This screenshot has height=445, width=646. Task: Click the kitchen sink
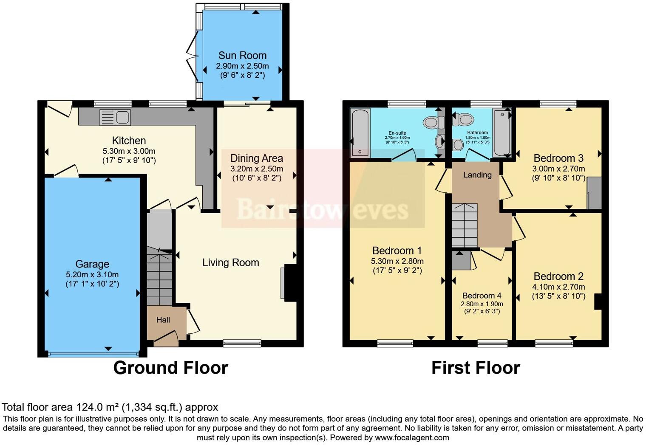point(115,117)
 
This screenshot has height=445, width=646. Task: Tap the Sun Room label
point(242,56)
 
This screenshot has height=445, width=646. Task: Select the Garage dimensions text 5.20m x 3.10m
point(92,274)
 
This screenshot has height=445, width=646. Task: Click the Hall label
point(163,320)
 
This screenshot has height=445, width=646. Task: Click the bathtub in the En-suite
point(360,132)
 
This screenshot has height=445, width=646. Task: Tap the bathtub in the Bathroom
point(502,132)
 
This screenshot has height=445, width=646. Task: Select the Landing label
point(477,175)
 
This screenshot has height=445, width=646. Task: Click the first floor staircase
point(465,225)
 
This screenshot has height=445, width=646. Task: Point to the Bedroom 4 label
point(482,296)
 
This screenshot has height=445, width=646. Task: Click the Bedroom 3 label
point(558,158)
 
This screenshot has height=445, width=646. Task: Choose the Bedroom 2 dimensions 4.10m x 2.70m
point(558,287)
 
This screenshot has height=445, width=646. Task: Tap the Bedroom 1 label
point(397,251)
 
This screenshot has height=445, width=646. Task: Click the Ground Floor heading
point(170,368)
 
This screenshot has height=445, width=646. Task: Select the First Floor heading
point(476,368)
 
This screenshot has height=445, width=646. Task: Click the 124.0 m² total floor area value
point(98,407)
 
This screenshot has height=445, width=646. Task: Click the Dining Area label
point(256,158)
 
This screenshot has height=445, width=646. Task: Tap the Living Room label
point(230,263)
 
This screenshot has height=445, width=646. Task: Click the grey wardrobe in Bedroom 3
point(595,193)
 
